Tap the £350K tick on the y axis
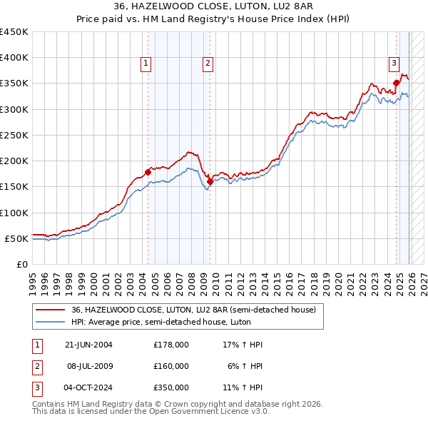point(14,83)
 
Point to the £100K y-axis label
point(14,213)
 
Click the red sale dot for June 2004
point(148,172)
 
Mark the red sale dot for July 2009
point(210,181)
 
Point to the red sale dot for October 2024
point(396,83)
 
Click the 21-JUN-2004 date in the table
point(88,345)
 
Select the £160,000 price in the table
point(171,365)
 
